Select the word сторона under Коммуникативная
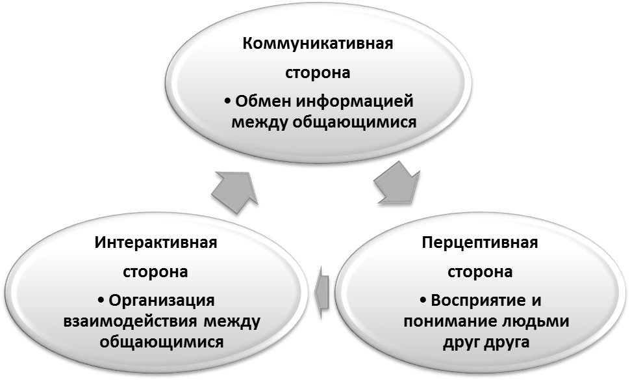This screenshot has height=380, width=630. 318,73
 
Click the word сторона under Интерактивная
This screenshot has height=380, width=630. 155,271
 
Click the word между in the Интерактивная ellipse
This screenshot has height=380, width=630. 231,321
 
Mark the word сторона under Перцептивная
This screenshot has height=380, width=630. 480,271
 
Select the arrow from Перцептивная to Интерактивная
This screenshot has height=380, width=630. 323,292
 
